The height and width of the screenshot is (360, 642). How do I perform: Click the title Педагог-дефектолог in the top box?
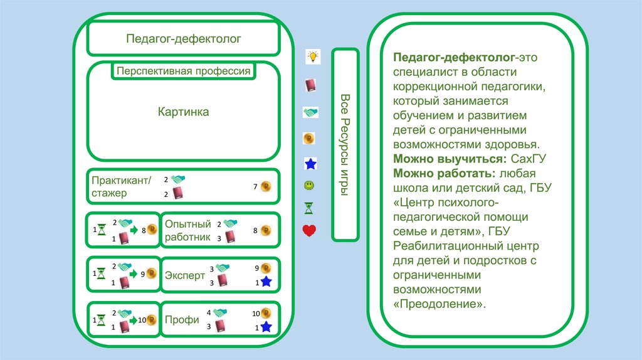coord(183,39)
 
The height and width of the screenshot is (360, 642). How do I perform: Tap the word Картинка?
coord(183,112)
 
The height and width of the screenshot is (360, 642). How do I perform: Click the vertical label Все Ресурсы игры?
coord(345,144)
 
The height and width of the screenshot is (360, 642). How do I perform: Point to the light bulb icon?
coord(312,56)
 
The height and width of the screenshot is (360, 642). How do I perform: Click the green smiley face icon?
coord(309,186)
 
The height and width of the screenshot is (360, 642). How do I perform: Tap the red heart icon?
coord(309,230)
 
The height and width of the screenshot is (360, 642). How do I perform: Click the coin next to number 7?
coord(266,186)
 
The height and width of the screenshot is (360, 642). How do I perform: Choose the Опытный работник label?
coord(187,230)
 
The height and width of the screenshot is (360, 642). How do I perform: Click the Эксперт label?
coord(185,275)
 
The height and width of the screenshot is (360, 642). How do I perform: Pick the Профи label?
coord(182,319)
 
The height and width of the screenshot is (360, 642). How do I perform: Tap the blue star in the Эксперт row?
coord(266,282)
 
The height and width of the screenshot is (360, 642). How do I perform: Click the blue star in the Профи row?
coord(266,327)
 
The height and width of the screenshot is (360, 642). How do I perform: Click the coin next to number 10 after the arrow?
coord(150,319)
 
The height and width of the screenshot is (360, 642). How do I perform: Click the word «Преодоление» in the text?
coord(439,304)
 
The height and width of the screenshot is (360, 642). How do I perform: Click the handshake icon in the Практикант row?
coord(179,179)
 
